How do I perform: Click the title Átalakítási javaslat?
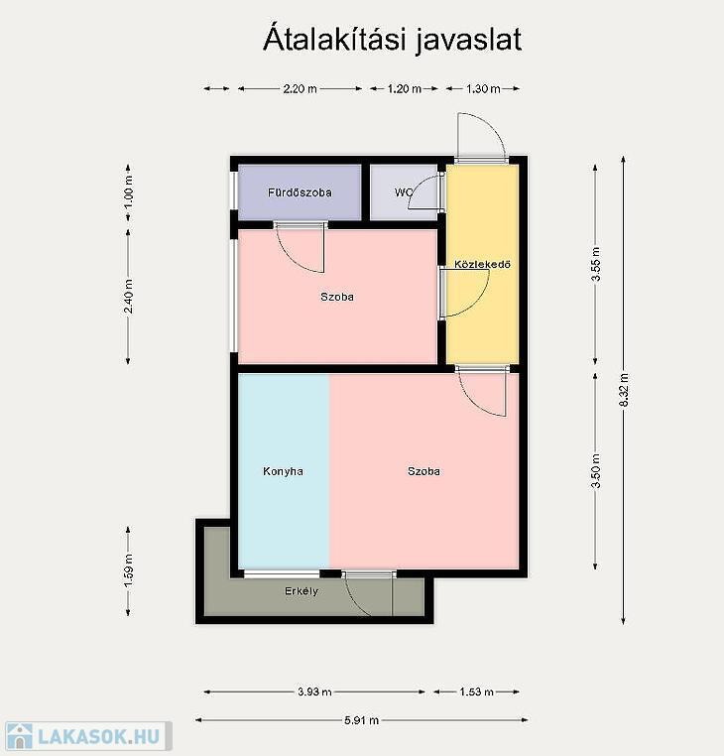[392, 39]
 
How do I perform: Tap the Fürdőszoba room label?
[300, 192]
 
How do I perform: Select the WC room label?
[404, 192]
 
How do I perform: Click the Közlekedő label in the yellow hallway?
[482, 264]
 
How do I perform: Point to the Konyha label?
[283, 471]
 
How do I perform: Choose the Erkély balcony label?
[302, 591]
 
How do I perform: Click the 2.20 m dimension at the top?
[300, 88]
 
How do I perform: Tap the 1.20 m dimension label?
[405, 88]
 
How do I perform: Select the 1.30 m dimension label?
[483, 88]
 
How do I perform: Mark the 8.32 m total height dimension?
[624, 390]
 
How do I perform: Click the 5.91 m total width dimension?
[362, 720]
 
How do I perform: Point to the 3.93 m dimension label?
[314, 692]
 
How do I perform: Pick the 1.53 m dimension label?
[476, 692]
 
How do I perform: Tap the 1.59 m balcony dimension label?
[128, 570]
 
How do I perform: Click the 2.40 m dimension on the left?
[128, 296]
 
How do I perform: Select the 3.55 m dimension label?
[596, 264]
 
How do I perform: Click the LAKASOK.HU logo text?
[99, 736]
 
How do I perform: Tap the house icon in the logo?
[19, 737]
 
